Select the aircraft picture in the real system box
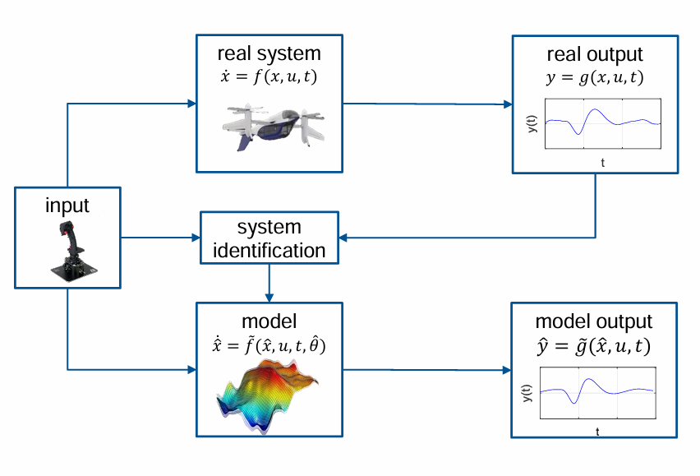(x=269, y=124)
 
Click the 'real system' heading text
(x=269, y=54)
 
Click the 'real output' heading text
(x=595, y=54)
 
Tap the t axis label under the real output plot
(x=602, y=164)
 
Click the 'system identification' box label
(x=269, y=238)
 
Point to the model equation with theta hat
(x=269, y=345)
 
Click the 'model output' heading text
(x=594, y=321)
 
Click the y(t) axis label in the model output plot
(x=526, y=395)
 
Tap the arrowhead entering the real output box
(x=506, y=104)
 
